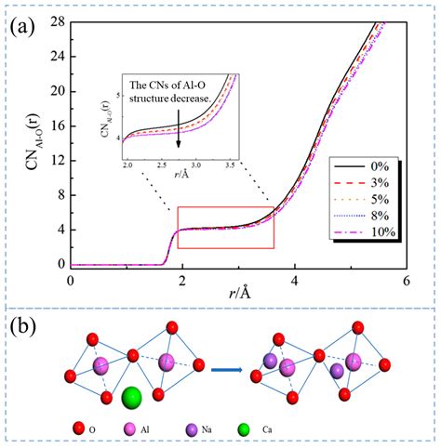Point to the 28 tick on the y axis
click(x=55, y=20)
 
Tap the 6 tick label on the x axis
click(x=406, y=279)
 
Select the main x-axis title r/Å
click(x=238, y=296)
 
